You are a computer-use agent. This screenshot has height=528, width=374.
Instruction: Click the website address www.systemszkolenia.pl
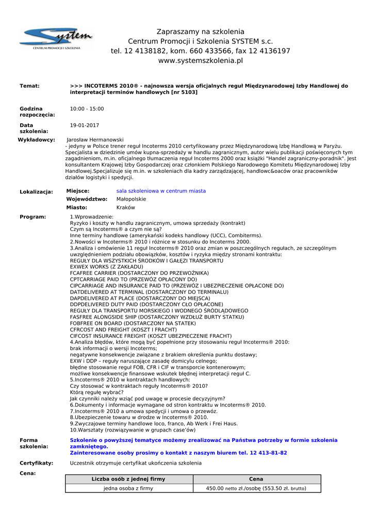[200, 61]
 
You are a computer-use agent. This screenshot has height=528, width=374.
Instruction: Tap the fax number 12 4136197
[269, 51]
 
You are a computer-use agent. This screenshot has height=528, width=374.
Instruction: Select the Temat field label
[29, 86]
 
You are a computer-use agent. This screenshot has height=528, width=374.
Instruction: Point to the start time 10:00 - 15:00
[87, 109]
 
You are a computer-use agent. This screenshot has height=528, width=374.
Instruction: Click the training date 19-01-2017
[85, 125]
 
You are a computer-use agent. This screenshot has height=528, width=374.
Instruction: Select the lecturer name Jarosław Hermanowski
[95, 140]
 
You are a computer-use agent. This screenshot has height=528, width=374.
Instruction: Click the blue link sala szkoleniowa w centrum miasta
[161, 191]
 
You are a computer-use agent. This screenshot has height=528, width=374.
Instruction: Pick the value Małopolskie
[131, 199]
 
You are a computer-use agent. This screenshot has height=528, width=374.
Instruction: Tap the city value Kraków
[125, 207]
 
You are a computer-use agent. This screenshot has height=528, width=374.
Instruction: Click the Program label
[32, 217]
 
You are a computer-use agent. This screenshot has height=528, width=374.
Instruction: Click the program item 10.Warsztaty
[133, 430]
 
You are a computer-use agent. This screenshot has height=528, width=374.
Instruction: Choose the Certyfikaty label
[36, 463]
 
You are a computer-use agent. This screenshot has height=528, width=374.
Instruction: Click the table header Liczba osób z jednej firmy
[128, 479]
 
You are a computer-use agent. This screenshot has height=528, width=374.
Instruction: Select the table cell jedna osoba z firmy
[128, 488]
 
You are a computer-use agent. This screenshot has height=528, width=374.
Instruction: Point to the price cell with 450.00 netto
[256, 488]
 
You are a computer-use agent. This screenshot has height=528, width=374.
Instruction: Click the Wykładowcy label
[36, 140]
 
